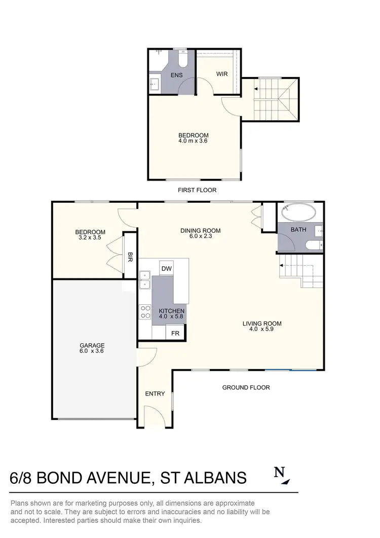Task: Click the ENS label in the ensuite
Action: (x=177, y=75)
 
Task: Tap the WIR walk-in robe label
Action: (x=222, y=74)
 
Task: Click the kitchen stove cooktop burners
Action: (x=145, y=311)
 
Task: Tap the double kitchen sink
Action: (x=145, y=280)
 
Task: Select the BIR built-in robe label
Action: (x=130, y=256)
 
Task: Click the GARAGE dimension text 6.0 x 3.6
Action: (x=92, y=351)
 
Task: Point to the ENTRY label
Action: (x=155, y=393)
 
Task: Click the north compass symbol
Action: (x=281, y=476)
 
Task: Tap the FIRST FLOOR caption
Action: (x=197, y=190)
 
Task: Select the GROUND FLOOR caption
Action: (x=246, y=387)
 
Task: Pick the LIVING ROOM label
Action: (x=261, y=324)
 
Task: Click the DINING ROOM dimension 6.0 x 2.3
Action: (x=201, y=237)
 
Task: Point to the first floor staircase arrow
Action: (x=257, y=89)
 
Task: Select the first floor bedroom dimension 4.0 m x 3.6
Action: (x=193, y=141)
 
